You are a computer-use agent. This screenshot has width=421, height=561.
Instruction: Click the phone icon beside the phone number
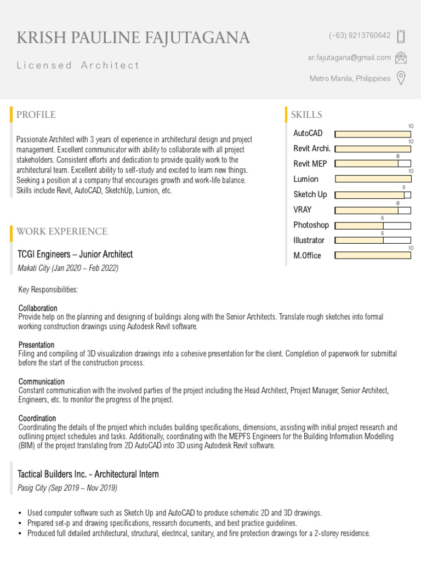[x=401, y=36]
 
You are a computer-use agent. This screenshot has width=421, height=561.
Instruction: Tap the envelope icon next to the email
[x=401, y=58]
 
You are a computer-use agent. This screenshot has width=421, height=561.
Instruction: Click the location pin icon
[x=401, y=78]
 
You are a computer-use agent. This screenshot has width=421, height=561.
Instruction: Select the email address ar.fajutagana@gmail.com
[x=349, y=58]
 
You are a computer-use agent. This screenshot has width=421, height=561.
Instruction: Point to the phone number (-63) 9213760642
[x=360, y=36]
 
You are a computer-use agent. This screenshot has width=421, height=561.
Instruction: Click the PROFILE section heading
[x=36, y=115]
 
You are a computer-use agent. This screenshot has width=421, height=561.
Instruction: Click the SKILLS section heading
[x=306, y=115]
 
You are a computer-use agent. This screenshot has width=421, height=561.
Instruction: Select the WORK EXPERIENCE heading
[x=62, y=231]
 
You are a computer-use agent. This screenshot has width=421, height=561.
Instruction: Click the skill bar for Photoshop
[x=372, y=225]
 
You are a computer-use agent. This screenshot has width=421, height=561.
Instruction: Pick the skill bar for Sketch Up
[x=372, y=194]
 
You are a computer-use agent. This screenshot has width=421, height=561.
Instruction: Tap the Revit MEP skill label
[x=310, y=164]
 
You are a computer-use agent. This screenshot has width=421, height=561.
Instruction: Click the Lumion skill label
[x=306, y=179]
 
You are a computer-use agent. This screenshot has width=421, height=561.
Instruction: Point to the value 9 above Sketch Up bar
[x=404, y=187]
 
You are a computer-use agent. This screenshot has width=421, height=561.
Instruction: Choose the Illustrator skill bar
[x=372, y=240]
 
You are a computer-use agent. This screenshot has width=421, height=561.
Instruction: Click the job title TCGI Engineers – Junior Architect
[x=75, y=254]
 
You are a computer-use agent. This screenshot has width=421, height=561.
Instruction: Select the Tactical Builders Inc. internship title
[x=88, y=474]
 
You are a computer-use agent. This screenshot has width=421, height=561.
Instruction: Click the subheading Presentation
[x=36, y=345]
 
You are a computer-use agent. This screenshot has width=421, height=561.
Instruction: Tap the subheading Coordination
[x=37, y=418]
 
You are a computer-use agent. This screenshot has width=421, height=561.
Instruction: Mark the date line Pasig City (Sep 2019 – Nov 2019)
[x=68, y=488]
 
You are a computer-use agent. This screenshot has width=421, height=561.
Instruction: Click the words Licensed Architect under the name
[x=78, y=65]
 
